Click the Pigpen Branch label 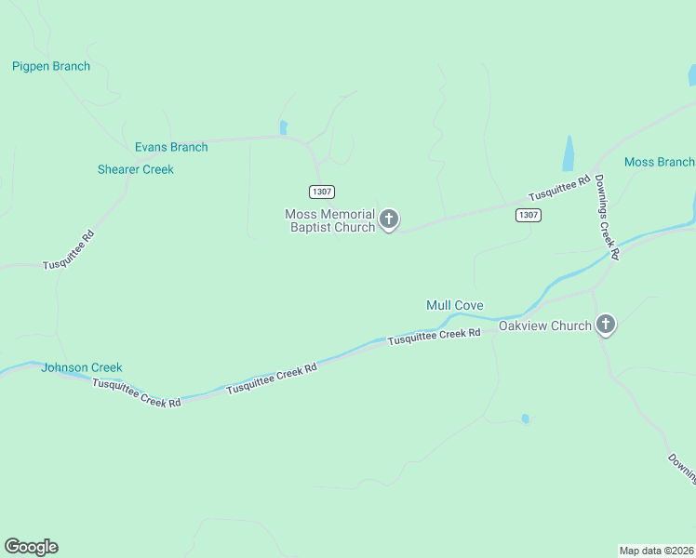tap(51, 66)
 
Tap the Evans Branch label tap(171, 147)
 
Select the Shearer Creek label tap(136, 169)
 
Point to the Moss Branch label tap(659, 162)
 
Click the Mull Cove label tap(454, 305)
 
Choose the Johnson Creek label tap(81, 367)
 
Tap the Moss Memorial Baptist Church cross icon tap(389, 219)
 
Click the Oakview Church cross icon tap(606, 324)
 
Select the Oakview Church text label tap(544, 325)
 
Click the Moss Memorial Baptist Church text tap(330, 220)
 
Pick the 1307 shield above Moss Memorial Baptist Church tap(322, 192)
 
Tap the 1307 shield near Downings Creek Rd tap(527, 215)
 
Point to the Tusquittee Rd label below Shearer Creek tap(69, 251)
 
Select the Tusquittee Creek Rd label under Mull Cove tap(434, 337)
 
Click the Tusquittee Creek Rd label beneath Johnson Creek tap(136, 395)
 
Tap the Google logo tap(31, 547)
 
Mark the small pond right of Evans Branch tap(283, 127)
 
